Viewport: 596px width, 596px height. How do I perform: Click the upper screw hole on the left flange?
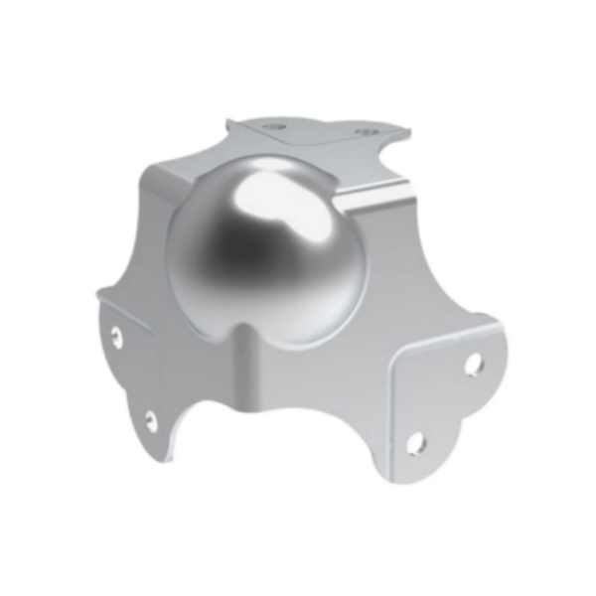[117, 336]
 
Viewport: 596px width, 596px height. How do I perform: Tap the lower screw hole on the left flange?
[151, 420]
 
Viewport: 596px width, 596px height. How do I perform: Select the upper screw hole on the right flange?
[473, 364]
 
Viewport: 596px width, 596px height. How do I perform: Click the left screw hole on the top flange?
[276, 128]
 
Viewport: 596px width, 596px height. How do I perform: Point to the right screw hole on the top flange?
[361, 132]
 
